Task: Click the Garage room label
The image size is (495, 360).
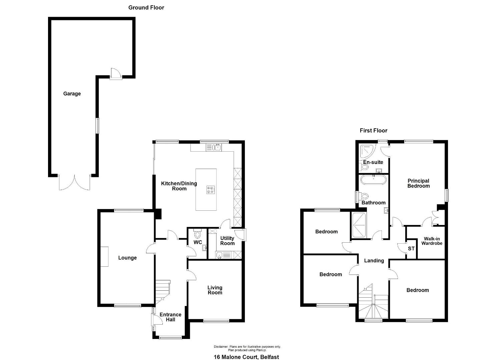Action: click(x=72, y=94)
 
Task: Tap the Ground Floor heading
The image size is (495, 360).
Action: click(x=146, y=8)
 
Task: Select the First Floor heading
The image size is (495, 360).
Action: click(x=374, y=131)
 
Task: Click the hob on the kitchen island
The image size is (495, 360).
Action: click(x=210, y=190)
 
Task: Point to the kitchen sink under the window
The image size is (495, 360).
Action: click(x=214, y=147)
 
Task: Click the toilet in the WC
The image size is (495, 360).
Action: click(x=197, y=233)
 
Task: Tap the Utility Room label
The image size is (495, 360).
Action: click(x=227, y=241)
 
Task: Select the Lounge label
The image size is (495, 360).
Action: click(x=127, y=258)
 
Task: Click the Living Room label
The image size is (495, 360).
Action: click(x=215, y=290)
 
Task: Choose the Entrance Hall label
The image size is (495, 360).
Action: click(x=170, y=317)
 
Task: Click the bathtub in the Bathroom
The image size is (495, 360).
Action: click(x=374, y=180)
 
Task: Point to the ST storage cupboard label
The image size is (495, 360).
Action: click(x=411, y=249)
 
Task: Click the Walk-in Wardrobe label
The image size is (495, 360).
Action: click(x=432, y=241)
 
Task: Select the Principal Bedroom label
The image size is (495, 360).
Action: click(x=419, y=183)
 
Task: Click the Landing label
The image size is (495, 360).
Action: click(x=374, y=261)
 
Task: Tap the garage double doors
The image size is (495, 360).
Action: click(x=74, y=182)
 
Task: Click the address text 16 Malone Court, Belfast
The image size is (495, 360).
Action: click(x=246, y=357)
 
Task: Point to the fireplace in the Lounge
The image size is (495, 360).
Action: click(x=104, y=256)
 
